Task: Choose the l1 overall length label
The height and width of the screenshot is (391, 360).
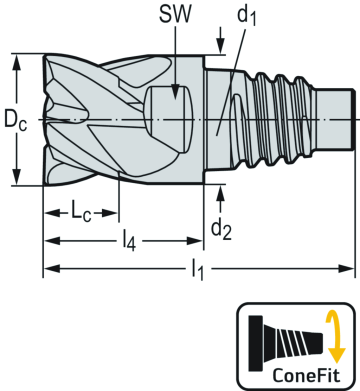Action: click(x=198, y=268)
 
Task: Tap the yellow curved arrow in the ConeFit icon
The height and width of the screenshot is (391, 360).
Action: click(x=336, y=335)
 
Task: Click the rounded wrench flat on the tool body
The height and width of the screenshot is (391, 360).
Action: click(x=164, y=108)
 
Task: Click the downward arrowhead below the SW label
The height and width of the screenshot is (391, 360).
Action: click(x=176, y=89)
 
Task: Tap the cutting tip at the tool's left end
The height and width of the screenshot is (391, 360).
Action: click(x=45, y=120)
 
